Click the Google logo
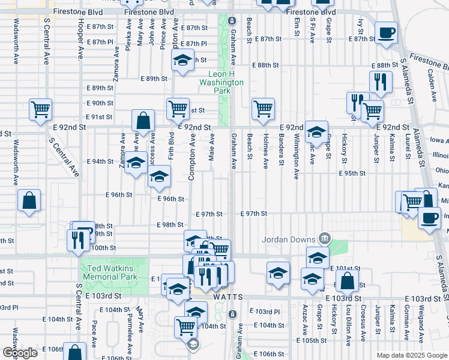20,353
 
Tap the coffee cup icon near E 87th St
385,32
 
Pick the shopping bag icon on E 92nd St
144,121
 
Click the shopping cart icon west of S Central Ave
41,110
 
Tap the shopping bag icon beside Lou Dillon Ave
347,280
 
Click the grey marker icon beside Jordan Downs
325,239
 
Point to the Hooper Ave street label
80,40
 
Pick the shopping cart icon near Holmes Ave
263,109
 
